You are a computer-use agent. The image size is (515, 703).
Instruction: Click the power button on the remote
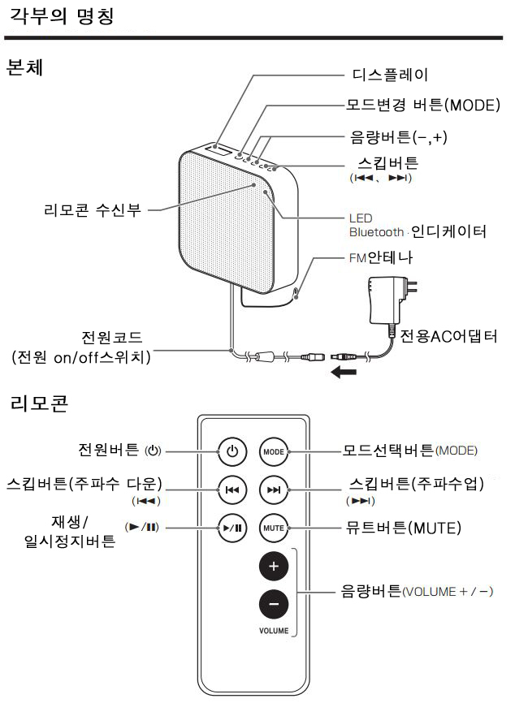(232, 451)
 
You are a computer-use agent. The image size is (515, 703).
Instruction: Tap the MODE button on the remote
(273, 451)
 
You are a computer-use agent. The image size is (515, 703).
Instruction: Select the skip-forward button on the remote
(273, 490)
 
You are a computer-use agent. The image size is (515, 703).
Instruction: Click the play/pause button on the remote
(232, 528)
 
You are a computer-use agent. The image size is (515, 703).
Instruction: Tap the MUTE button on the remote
(273, 528)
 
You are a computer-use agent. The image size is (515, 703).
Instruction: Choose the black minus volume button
(273, 604)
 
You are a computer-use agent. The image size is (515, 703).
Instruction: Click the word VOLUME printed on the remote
(274, 630)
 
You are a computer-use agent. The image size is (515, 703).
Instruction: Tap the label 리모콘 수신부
(92, 210)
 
